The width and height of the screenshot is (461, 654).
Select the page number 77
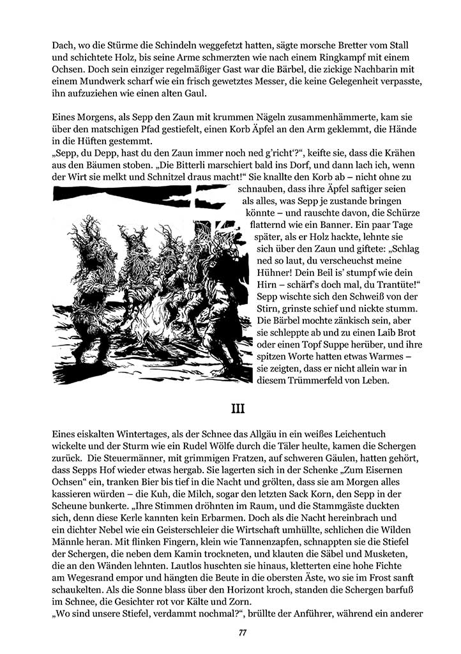click(x=243, y=633)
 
